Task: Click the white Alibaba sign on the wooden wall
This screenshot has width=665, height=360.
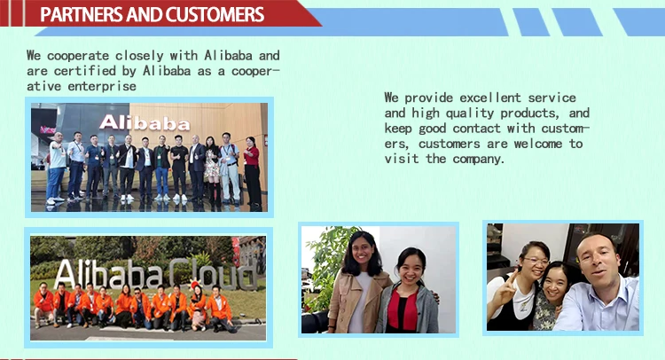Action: (x=144, y=122)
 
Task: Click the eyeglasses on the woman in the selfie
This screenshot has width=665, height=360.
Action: (x=535, y=262)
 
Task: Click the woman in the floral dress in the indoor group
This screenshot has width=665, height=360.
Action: (x=212, y=164)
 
